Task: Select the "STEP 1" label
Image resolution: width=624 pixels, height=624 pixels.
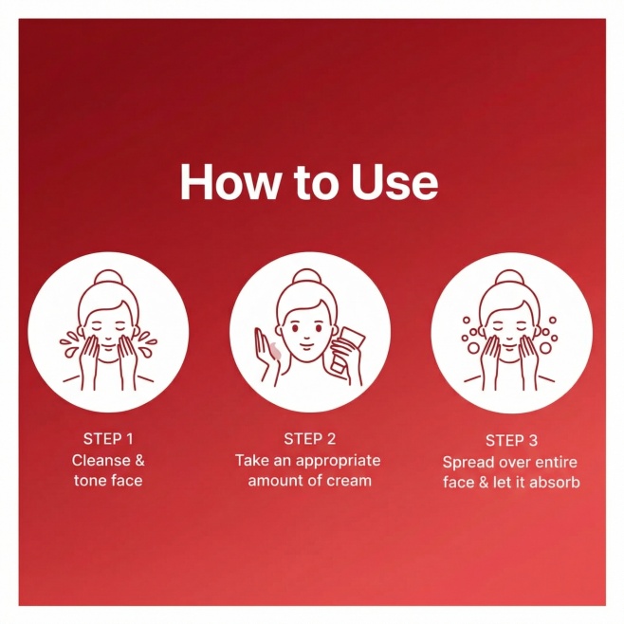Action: tap(108, 439)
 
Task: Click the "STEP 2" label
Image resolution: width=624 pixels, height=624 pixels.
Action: tap(309, 439)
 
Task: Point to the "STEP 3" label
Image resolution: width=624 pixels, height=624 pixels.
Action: tap(511, 441)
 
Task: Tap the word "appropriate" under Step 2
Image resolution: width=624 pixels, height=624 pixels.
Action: tap(338, 461)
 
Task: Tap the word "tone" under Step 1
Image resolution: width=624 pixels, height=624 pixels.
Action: tap(89, 481)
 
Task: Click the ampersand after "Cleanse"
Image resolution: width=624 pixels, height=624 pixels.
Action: tap(138, 461)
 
